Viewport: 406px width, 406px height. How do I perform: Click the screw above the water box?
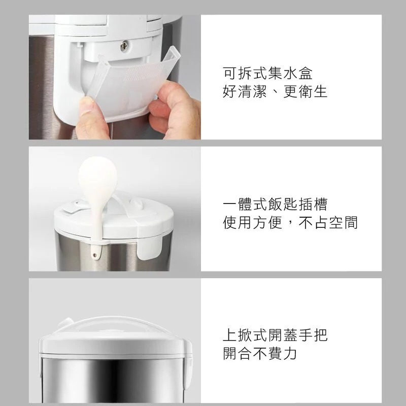tap(124, 46)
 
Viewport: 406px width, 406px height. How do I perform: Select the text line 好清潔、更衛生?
tap(275, 92)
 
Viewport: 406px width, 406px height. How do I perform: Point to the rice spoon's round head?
tap(97, 176)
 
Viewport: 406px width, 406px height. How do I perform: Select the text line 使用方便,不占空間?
tap(290, 223)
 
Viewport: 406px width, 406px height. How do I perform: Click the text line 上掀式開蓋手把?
tap(275, 335)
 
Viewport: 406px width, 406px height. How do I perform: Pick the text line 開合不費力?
tap(260, 354)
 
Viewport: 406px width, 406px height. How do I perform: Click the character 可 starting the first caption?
tap(230, 73)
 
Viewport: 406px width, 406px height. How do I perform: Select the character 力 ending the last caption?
tap(290, 354)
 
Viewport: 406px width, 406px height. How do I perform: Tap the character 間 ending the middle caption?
tap(350, 223)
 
